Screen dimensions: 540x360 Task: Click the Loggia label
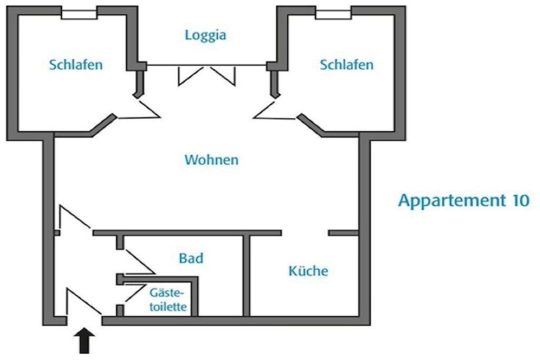206,35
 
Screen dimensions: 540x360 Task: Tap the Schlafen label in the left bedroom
76,65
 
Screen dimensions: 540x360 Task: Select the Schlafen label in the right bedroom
346,65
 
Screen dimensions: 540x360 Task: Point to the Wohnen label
211,160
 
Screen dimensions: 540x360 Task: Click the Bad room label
191,258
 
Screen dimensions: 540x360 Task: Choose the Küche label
308,270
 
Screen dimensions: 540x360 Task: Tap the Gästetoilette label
168,300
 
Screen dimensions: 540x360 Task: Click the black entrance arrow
85,340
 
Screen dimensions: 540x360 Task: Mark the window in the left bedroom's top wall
79,14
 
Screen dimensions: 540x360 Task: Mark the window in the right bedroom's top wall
333,14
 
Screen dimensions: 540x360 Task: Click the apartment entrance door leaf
84,301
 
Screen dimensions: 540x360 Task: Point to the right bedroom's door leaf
266,109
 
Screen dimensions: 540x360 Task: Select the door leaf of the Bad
140,261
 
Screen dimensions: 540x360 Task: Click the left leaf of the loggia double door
190,76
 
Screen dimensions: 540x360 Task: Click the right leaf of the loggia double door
223,76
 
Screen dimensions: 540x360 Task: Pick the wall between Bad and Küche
246,276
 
